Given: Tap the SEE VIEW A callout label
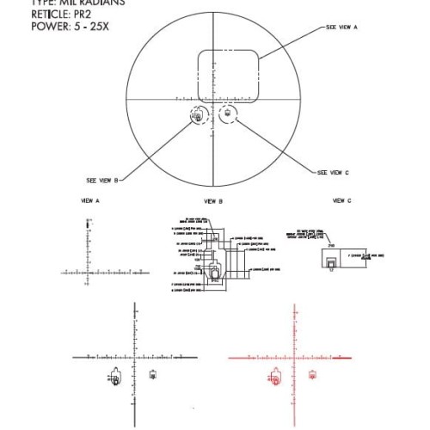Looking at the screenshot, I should click(341, 28).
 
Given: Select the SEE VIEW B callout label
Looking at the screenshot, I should click(102, 181).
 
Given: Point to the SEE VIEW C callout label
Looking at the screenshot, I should click(333, 173).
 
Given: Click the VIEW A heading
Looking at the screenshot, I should click(89, 200).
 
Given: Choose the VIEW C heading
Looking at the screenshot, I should click(342, 200).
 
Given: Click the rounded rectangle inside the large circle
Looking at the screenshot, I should click(229, 75).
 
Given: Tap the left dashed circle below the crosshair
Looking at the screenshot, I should click(197, 115).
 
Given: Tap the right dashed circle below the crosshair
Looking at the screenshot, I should click(229, 114).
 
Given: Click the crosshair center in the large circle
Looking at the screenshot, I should click(212, 99).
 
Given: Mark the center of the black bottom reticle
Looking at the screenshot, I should click(134, 356).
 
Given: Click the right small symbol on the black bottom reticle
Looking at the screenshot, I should click(152, 373).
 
